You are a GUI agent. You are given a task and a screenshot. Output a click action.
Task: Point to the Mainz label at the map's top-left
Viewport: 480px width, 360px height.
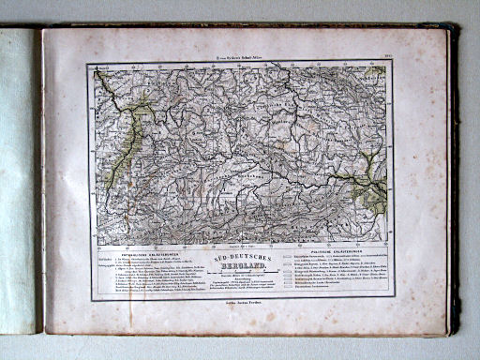(x=101, y=68)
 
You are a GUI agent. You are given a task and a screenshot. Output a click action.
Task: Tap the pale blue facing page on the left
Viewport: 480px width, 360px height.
(x=17, y=178)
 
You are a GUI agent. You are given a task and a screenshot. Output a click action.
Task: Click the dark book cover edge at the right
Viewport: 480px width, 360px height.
(x=454, y=178)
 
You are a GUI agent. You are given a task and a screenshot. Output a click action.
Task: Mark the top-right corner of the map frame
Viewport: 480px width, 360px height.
(x=392, y=63)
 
